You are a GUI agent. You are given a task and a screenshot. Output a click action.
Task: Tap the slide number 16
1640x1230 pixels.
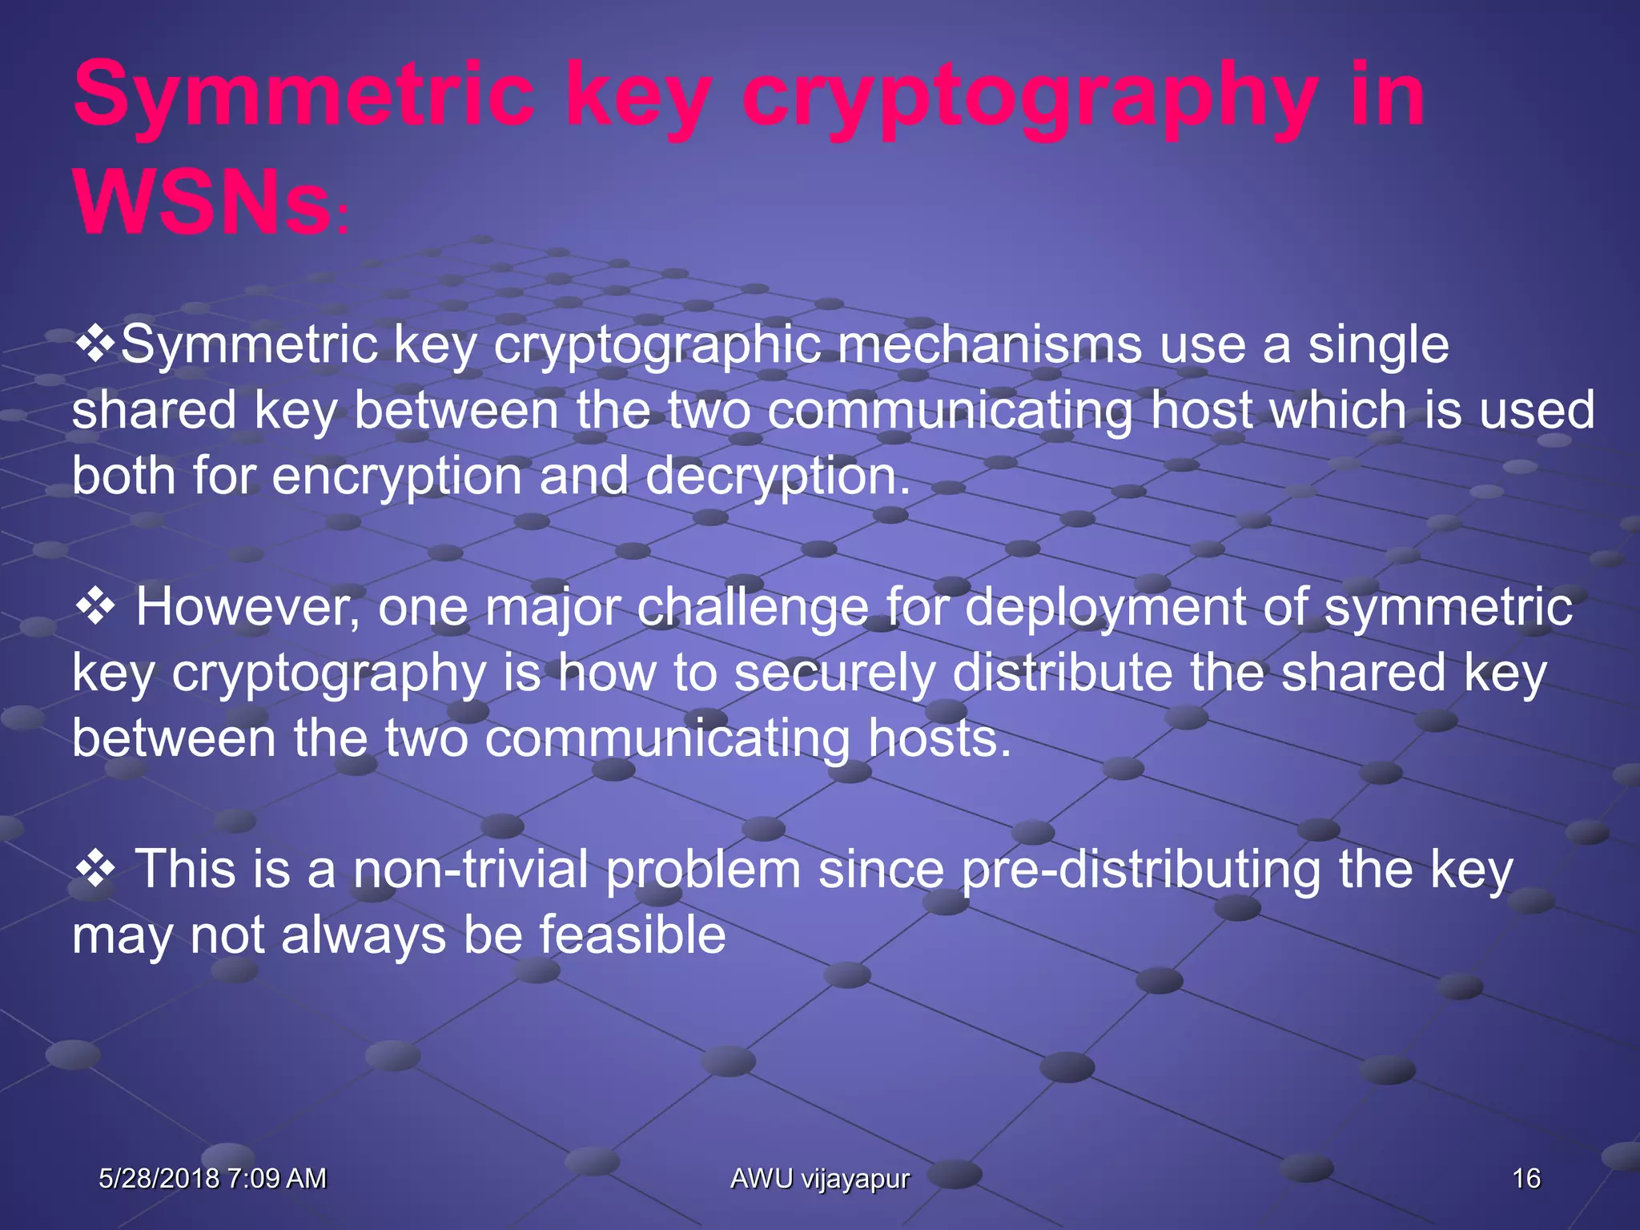coord(1525,1178)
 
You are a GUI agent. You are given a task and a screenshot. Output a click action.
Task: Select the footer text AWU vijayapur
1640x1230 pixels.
coord(820,1178)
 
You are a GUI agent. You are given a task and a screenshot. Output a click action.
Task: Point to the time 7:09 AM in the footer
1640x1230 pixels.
coord(276,1178)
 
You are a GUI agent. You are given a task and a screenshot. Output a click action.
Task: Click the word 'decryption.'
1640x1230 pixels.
coord(778,476)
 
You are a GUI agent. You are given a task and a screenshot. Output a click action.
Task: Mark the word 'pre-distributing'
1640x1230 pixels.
coord(1140,870)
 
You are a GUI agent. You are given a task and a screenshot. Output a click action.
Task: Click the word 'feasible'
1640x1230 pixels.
coord(632,935)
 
